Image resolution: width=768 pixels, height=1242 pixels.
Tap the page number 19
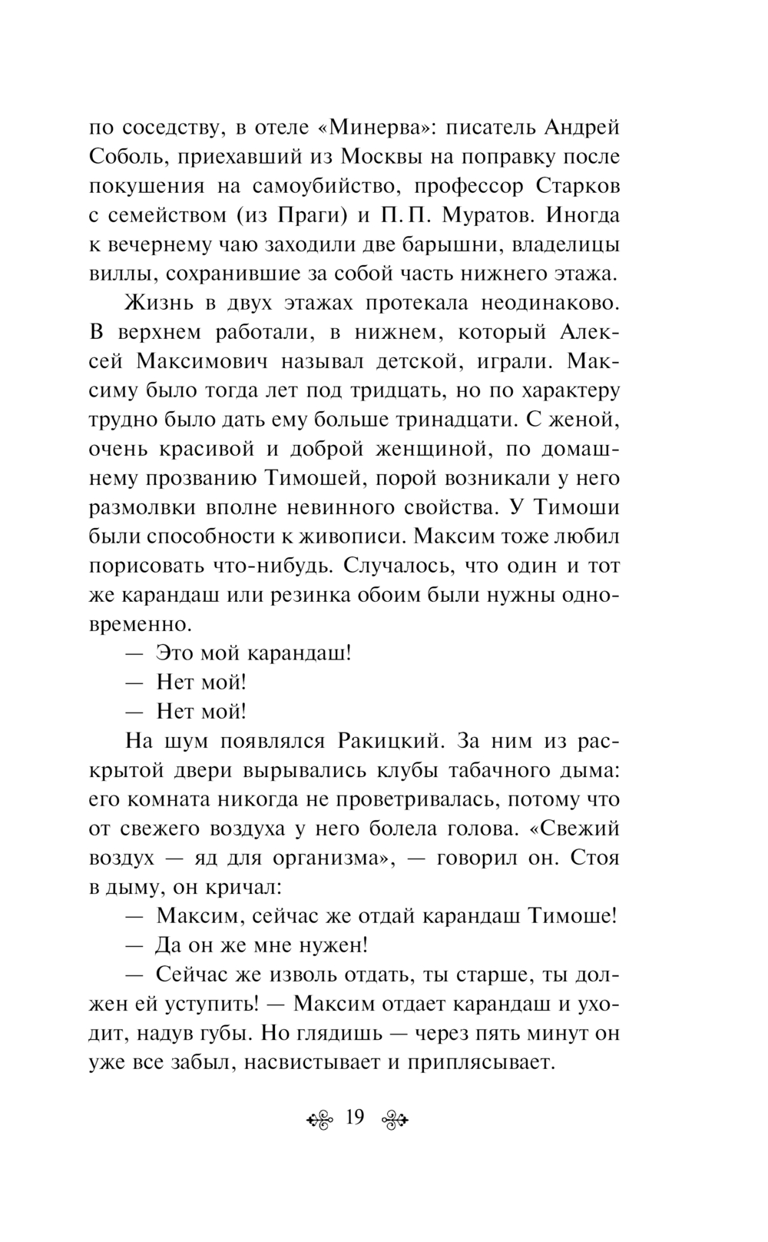click(x=355, y=1117)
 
